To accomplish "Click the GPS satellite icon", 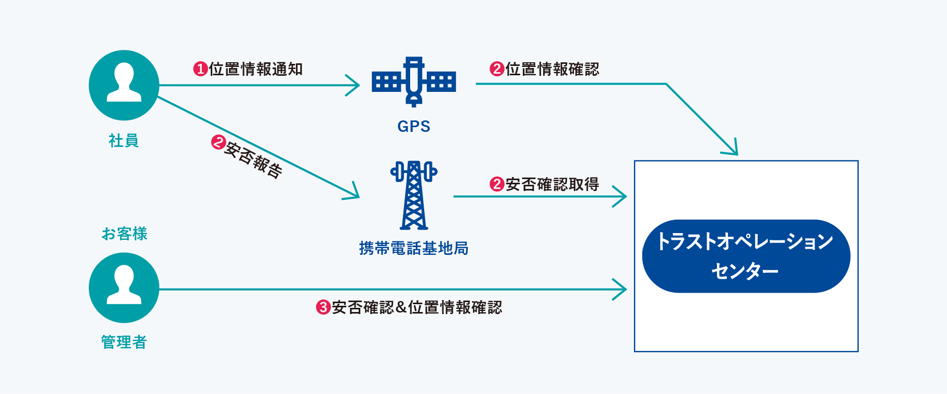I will [414, 82].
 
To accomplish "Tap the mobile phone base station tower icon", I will [414, 195].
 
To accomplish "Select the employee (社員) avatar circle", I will [124, 85].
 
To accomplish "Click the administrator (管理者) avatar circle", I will [124, 288].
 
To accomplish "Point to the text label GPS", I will [414, 126].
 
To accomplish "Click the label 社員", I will [124, 140].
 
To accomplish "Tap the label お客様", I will [125, 234].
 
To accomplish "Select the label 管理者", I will [124, 342].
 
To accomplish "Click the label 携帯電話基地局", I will [414, 248].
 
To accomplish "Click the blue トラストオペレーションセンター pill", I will [746, 256].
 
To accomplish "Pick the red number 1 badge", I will [200, 69].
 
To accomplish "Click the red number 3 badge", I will [323, 307].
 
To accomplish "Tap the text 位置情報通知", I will [256, 69].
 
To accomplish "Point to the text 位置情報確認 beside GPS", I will [552, 69].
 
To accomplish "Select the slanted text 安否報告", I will [253, 160].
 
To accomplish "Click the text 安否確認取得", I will [552, 184].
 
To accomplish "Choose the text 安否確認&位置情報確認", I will [417, 307].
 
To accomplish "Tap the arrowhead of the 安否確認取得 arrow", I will [622, 196].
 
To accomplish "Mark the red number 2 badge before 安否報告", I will [218, 142].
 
